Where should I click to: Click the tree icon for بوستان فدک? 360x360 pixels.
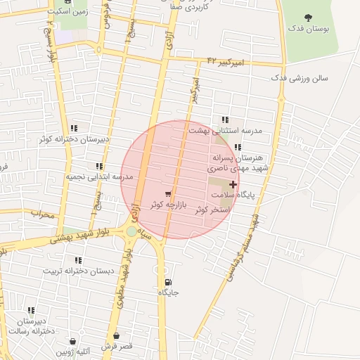(307, 17)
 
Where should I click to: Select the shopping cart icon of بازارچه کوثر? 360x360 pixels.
(167, 194)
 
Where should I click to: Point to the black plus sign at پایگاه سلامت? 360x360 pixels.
(233, 184)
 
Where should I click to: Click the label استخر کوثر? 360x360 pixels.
(210, 210)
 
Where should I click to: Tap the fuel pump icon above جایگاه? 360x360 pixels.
(167, 282)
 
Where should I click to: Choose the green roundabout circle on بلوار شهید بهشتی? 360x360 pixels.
(131, 231)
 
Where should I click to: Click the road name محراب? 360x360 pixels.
(42, 214)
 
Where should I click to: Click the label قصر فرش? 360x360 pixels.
(116, 347)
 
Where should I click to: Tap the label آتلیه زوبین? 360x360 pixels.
(76, 352)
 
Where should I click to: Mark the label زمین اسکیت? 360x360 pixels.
(68, 12)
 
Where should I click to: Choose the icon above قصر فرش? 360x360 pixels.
(116, 336)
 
